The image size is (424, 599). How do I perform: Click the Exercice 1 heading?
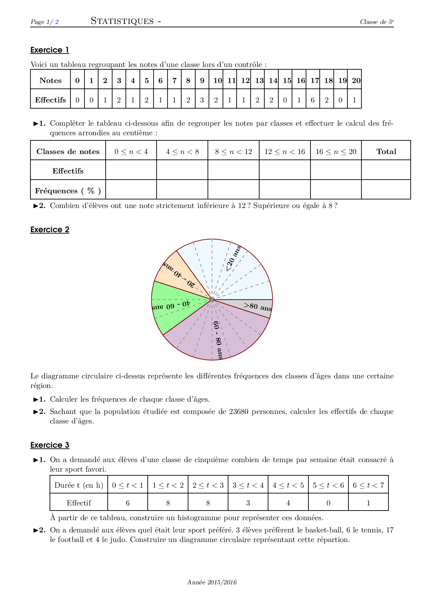[x=50, y=50]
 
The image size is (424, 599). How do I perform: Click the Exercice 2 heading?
[x=50, y=229]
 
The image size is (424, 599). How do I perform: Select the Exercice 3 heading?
[x=50, y=445]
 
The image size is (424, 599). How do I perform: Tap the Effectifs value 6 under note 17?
[x=313, y=100]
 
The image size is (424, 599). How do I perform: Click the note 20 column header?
[x=356, y=81]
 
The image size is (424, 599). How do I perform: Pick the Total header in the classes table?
[x=386, y=152]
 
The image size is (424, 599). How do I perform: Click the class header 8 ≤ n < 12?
[x=233, y=152]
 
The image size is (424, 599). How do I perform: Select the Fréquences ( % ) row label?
[x=68, y=191]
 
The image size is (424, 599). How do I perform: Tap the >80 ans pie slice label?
[x=258, y=307]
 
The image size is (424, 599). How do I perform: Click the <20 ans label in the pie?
[x=234, y=259]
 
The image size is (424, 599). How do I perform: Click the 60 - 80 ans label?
[x=218, y=340]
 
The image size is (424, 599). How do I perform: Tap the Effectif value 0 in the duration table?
[x=328, y=503]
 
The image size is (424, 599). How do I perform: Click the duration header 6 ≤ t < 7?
[x=368, y=485]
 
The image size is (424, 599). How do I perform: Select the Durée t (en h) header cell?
[x=79, y=485]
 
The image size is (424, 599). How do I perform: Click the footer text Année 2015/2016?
[x=212, y=582]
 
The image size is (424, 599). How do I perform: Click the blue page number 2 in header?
[x=57, y=22]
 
